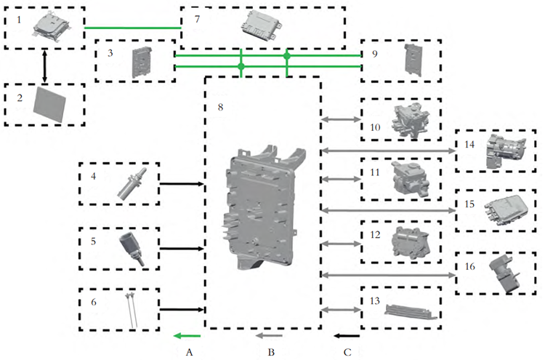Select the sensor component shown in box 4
click(134, 185)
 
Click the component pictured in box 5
click(134, 247)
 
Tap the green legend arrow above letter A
click(187, 336)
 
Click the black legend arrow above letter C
click(348, 336)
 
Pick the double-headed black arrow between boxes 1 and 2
click(45, 66)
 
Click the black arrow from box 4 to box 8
click(181, 184)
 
